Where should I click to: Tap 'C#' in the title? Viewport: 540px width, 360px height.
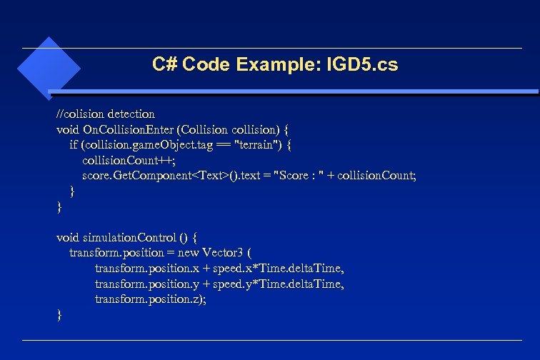[x=164, y=65]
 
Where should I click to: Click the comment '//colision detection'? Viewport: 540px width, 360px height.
[x=105, y=114]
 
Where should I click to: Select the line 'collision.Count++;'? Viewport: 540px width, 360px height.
[x=129, y=159]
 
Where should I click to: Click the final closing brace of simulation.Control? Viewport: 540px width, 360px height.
[x=59, y=314]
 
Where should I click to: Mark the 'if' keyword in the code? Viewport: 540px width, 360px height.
[x=74, y=144]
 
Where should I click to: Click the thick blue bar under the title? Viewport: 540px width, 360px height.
[x=293, y=92]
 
